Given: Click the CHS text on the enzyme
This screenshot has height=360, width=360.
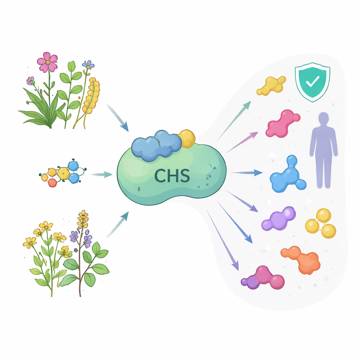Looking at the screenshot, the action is click(x=172, y=175).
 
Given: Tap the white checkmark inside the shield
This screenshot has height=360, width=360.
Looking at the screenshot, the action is click(x=312, y=81).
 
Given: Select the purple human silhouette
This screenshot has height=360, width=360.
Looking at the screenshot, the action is click(x=323, y=150).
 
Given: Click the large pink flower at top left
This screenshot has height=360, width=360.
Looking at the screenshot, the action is click(x=47, y=62).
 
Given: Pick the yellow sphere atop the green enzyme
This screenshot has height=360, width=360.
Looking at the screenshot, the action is click(x=187, y=139).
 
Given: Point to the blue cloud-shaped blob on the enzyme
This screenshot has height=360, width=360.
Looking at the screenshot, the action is click(x=156, y=145).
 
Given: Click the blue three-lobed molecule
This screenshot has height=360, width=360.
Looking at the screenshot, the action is click(x=288, y=175).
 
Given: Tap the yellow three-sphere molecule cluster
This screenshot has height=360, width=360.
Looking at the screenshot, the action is click(x=321, y=223).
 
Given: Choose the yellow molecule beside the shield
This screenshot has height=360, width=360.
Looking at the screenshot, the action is click(x=271, y=85).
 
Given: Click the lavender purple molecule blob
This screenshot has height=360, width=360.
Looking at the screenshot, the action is click(x=279, y=219).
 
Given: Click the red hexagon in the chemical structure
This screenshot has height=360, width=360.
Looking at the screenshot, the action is click(x=52, y=183).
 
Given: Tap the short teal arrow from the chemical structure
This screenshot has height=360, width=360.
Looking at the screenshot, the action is click(x=101, y=174).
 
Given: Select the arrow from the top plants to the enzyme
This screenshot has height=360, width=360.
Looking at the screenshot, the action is click(x=117, y=117).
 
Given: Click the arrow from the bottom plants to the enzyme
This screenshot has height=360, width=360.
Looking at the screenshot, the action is click(x=117, y=224).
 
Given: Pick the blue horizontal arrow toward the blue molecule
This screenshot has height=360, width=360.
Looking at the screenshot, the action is click(x=247, y=173).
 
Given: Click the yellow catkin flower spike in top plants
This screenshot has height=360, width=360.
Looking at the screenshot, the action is click(x=91, y=96).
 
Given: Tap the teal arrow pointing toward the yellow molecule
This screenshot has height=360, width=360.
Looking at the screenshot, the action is click(x=234, y=121).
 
